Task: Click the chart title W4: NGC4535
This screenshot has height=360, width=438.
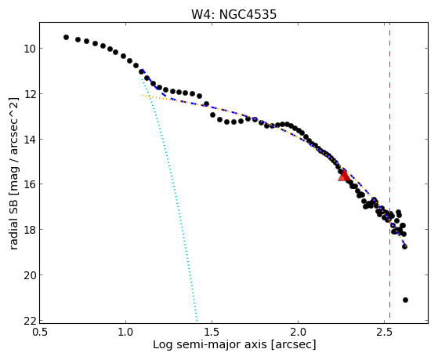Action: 233,14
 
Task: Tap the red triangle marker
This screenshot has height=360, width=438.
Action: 344,176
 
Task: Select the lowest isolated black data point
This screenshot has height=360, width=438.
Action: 405,300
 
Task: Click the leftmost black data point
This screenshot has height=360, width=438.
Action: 66,37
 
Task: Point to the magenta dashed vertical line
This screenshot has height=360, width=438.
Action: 389,170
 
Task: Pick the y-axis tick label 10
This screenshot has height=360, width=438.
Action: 30,49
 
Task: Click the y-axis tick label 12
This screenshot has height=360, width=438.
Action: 30,93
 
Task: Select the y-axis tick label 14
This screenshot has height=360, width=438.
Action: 30,139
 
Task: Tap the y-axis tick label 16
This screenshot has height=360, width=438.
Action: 30,184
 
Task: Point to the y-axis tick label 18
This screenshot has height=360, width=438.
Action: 30,229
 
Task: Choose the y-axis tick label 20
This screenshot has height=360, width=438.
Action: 30,275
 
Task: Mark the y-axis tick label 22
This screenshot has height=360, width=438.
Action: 30,321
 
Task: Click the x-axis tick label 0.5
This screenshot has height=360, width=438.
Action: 40,332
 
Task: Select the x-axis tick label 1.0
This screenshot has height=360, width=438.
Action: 125,332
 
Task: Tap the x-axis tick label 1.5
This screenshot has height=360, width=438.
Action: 212,332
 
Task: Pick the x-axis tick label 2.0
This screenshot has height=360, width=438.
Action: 298,332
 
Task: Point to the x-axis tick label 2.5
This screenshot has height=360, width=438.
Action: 385,332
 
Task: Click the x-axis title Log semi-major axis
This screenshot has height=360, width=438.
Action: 210,345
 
